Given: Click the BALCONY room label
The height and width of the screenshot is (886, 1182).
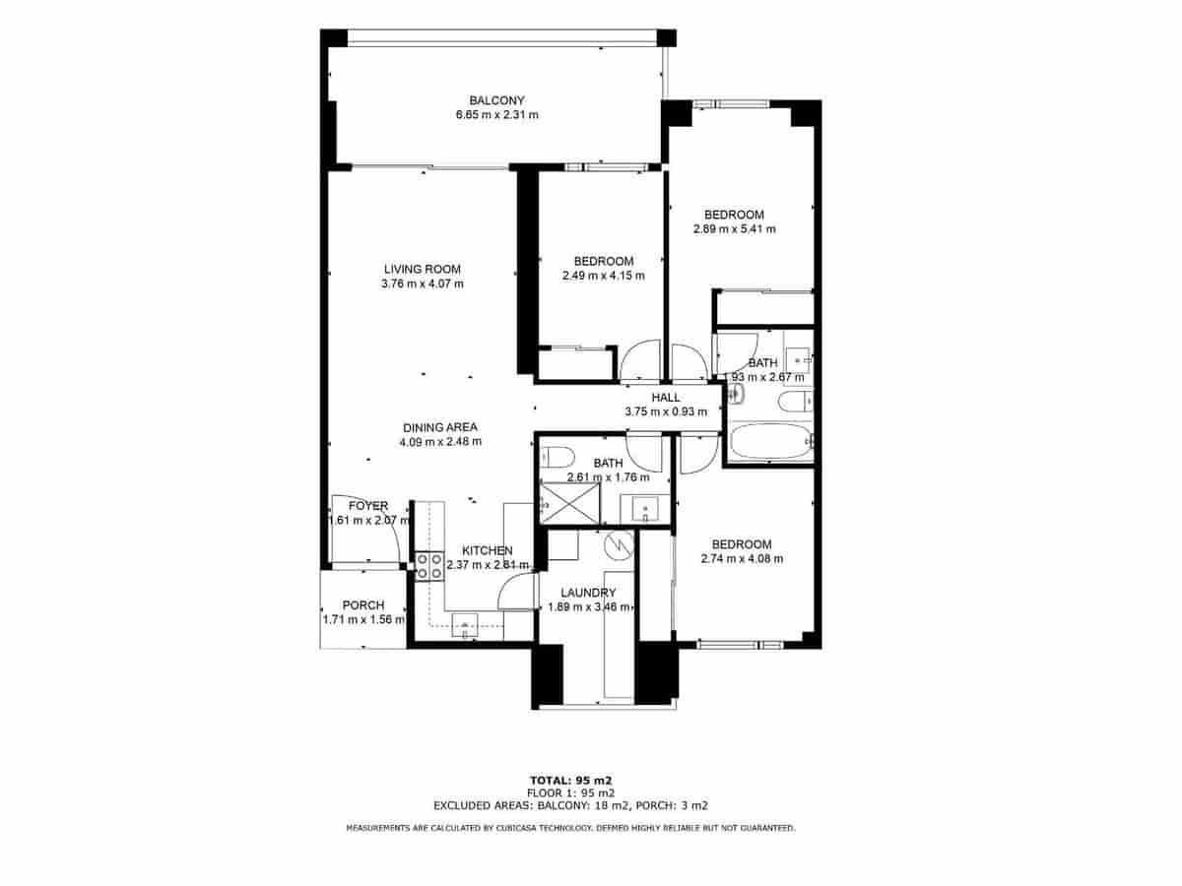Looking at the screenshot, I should [496, 100].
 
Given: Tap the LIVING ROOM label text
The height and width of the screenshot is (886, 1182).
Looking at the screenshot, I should [422, 269].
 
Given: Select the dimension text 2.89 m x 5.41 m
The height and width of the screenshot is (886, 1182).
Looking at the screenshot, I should [734, 229].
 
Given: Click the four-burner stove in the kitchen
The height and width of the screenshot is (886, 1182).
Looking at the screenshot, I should [428, 566].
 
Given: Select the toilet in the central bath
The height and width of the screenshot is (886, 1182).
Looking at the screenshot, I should [558, 457].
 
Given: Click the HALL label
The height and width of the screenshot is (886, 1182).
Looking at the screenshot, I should [666, 398].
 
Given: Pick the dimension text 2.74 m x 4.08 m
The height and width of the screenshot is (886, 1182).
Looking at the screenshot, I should [742, 559].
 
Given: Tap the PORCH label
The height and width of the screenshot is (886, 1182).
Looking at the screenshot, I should [362, 605].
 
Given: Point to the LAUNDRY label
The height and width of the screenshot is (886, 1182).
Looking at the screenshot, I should [588, 593].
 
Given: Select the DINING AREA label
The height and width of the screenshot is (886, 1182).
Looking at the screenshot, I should [440, 427].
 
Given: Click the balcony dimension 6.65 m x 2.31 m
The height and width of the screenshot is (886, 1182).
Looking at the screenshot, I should [496, 115].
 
